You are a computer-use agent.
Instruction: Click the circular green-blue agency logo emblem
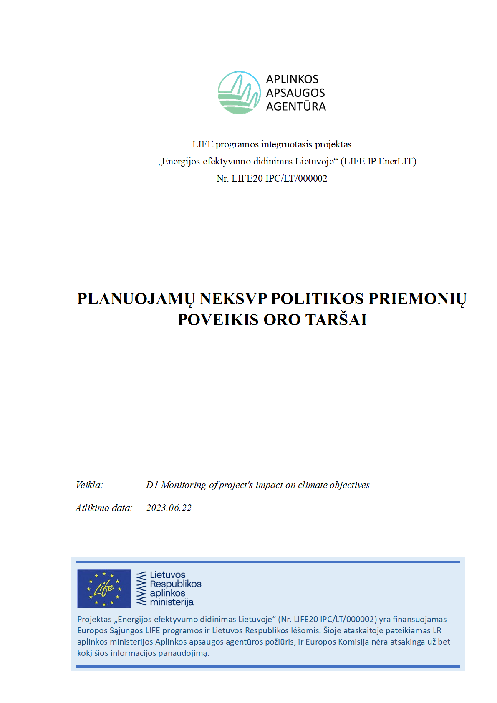pyautogui.click(x=239, y=93)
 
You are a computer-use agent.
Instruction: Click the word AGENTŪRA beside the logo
pyautogui.click(x=296, y=107)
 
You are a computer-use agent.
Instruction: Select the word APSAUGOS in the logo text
pyautogui.click(x=295, y=93)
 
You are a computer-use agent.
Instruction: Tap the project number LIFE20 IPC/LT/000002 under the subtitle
pyautogui.click(x=279, y=179)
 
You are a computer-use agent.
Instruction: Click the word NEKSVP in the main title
pyautogui.click(x=233, y=299)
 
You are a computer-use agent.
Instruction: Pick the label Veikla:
pyautogui.click(x=89, y=485)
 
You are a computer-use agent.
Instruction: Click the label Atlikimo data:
pyautogui.click(x=104, y=508)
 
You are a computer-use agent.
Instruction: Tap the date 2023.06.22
pyautogui.click(x=169, y=508)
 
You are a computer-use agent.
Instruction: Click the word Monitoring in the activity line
pyautogui.click(x=184, y=485)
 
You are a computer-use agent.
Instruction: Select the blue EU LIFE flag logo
pyautogui.click(x=104, y=589)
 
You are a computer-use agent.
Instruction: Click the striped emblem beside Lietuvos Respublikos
pyautogui.click(x=142, y=589)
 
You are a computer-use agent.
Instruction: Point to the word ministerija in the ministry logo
pyautogui.click(x=172, y=602)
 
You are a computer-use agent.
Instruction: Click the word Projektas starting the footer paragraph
pyautogui.click(x=94, y=620)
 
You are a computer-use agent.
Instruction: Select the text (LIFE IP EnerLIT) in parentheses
pyautogui.click(x=378, y=162)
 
